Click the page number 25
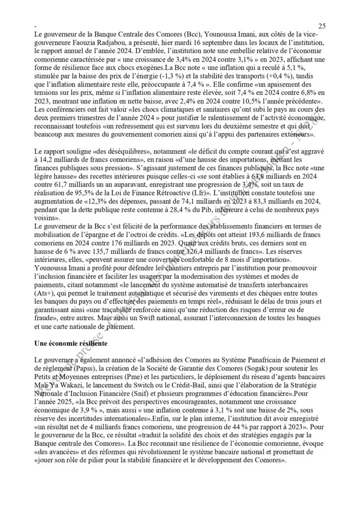[322, 25]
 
